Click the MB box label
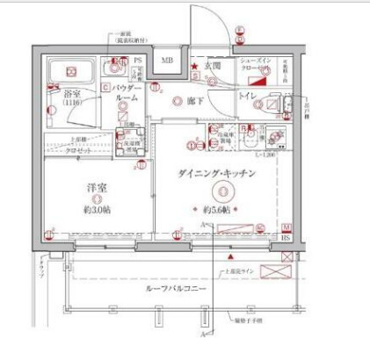(x=165, y=61)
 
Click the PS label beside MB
(x=139, y=61)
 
